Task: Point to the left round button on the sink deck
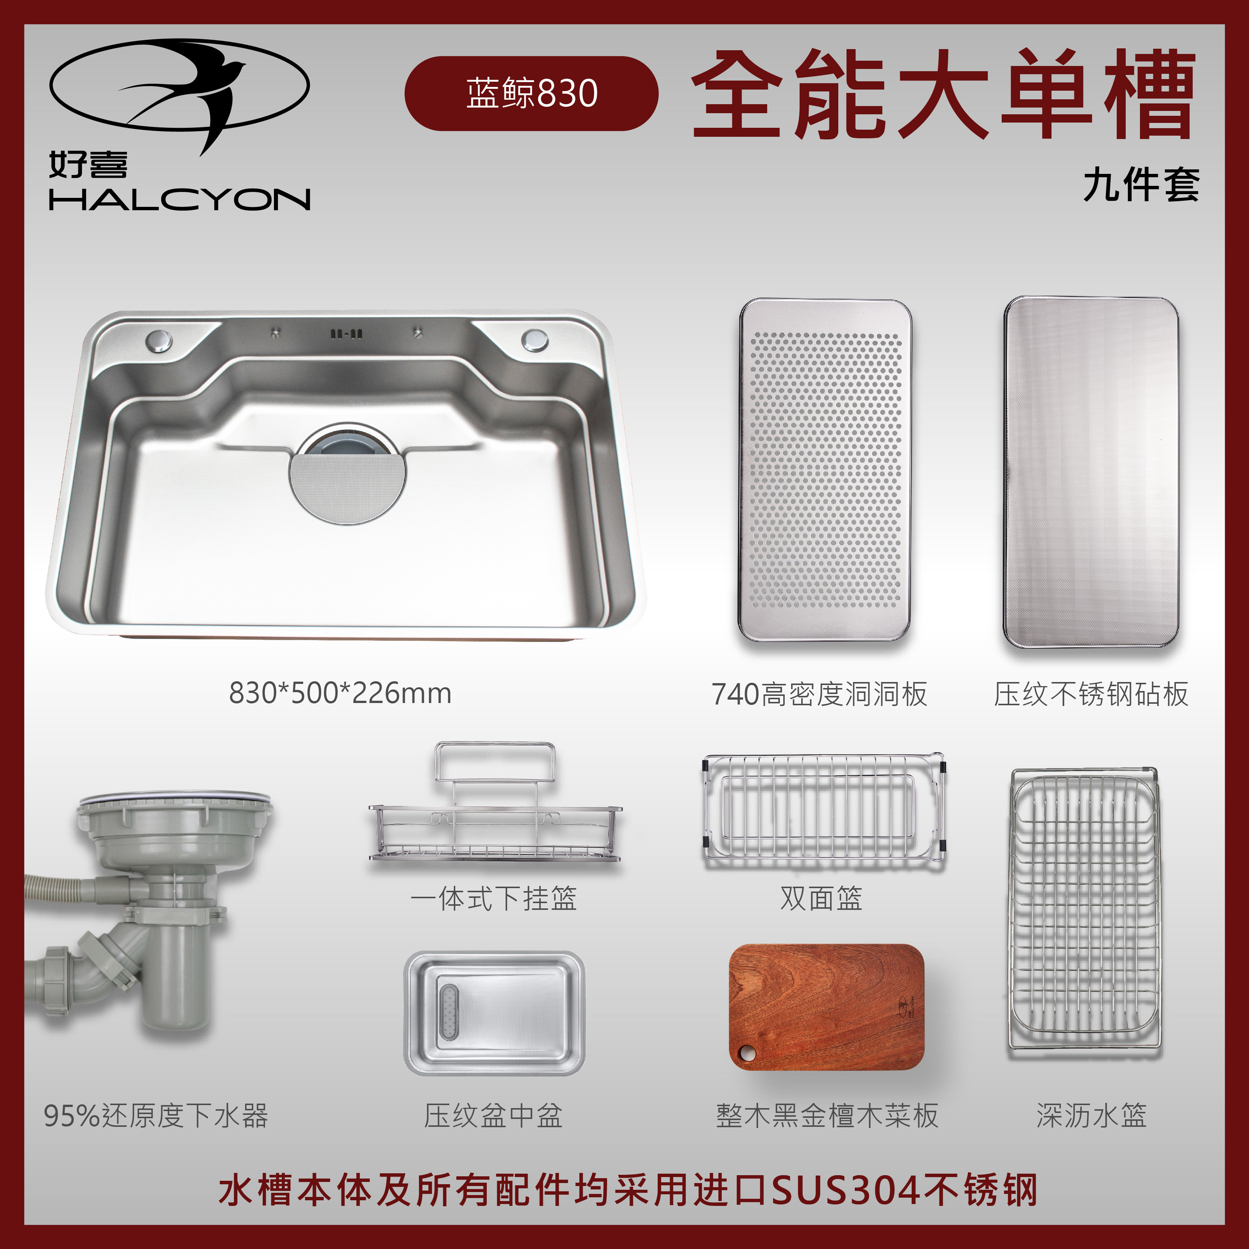point(159,340)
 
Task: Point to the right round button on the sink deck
point(535,340)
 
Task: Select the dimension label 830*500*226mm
point(340,693)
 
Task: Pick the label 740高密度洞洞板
point(819,694)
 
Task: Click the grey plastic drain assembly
point(149,905)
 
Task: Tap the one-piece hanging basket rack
point(495,808)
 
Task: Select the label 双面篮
point(821,898)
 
